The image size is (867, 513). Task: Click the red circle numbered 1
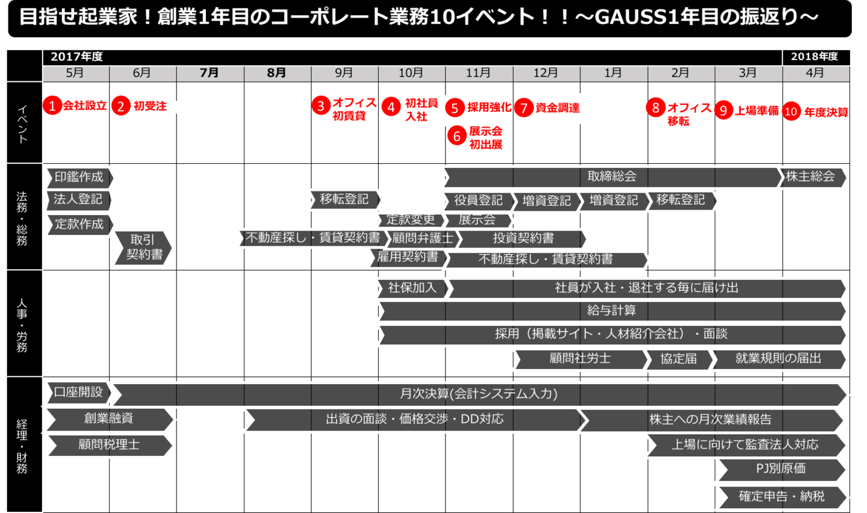52,106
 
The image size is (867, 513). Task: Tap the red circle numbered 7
524,108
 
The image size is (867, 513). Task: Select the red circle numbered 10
791,111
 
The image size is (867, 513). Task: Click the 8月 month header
276,73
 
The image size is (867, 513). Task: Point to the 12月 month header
545,73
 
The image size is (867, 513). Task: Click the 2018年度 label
815,57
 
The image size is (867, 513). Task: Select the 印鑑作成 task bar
79,177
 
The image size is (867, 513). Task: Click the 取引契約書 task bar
143,247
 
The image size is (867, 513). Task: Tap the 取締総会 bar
612,176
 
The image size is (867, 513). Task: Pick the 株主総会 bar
812,176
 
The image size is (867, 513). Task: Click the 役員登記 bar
479,201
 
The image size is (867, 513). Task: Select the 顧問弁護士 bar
423,238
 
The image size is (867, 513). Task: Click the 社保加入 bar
412,288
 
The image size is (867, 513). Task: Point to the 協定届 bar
679,359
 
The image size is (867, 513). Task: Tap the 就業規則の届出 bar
778,359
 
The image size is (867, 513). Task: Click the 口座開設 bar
78,393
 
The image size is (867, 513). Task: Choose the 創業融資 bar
109,418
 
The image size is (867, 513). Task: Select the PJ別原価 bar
781,469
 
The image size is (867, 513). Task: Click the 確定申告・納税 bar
781,497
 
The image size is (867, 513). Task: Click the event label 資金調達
558,108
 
